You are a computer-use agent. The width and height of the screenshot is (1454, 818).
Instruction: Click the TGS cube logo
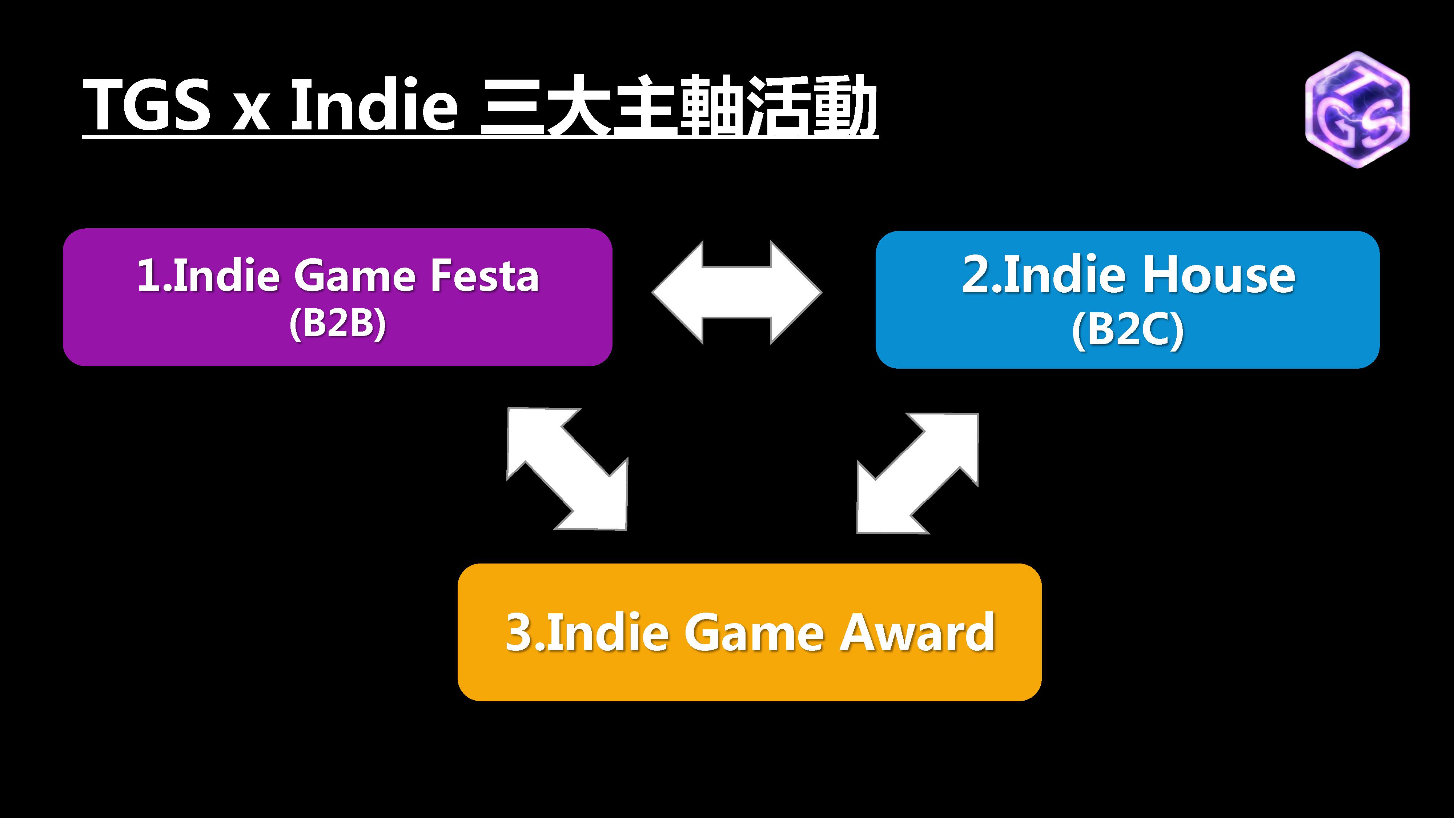point(1357,109)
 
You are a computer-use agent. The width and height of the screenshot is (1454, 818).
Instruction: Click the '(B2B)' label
point(338,325)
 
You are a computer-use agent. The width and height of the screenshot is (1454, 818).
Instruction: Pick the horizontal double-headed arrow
point(736,292)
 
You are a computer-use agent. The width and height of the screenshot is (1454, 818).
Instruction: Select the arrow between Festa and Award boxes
point(567,469)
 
